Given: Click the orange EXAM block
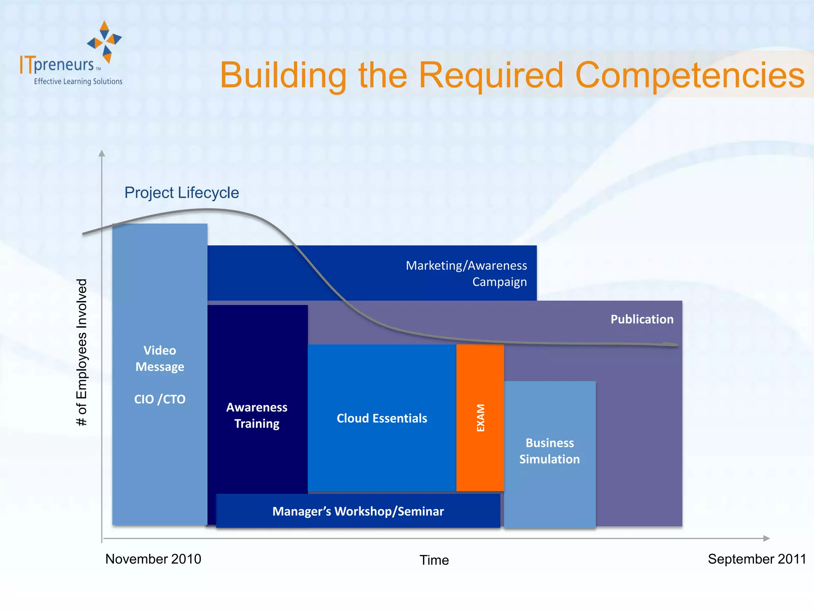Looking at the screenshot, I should [x=480, y=417].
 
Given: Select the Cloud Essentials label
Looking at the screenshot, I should [x=382, y=418].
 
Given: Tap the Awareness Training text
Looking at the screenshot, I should [x=257, y=415].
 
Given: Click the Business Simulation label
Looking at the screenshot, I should [x=549, y=451].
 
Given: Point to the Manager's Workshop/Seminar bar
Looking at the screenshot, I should [x=358, y=511].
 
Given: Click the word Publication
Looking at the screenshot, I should [x=642, y=319].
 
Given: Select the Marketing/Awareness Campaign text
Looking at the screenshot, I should [x=466, y=273].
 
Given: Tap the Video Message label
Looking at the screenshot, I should [x=160, y=358].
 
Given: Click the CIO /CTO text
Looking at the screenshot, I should [x=160, y=399].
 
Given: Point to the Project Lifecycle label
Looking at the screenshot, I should [x=182, y=193].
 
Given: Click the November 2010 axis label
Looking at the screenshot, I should [x=153, y=559].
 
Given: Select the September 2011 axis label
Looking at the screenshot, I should [x=756, y=559].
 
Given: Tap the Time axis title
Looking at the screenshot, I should [x=434, y=560].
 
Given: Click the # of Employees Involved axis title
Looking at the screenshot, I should [x=81, y=352].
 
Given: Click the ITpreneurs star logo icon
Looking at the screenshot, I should [x=105, y=41].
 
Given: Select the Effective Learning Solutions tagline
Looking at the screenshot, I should [x=78, y=82].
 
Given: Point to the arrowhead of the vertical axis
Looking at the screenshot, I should [x=102, y=153].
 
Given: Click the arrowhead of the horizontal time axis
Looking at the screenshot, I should [x=767, y=538].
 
